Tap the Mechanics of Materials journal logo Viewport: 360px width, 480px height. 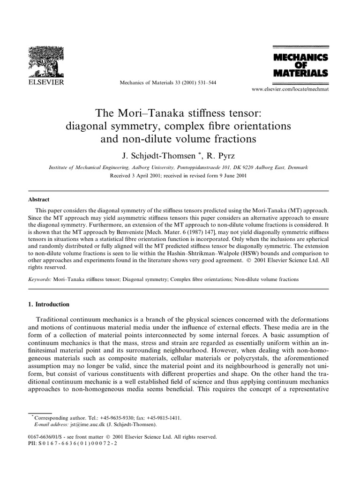click(300, 65)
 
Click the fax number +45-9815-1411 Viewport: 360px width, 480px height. click(165, 417)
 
